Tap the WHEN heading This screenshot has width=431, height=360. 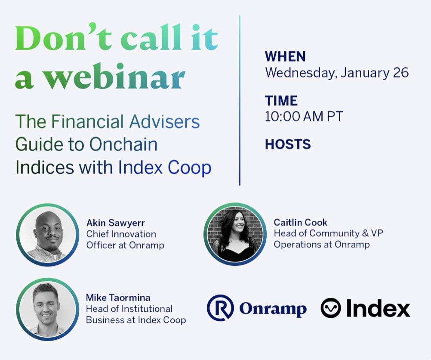click(285, 56)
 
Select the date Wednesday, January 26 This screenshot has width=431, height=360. click(336, 72)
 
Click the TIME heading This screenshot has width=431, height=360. click(281, 100)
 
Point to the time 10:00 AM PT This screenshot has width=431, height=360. click(304, 116)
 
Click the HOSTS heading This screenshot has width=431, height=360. click(287, 144)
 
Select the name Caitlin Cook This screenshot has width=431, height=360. click(300, 222)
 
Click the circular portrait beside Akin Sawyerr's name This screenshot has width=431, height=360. click(47, 235)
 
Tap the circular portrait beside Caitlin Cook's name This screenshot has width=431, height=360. click(234, 234)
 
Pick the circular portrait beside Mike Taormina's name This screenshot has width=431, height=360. click(47, 309)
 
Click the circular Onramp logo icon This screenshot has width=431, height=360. click(220, 308)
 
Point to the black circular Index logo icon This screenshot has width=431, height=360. click(331, 308)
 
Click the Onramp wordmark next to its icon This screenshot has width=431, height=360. click(273, 309)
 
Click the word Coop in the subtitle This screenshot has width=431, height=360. click(189, 167)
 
